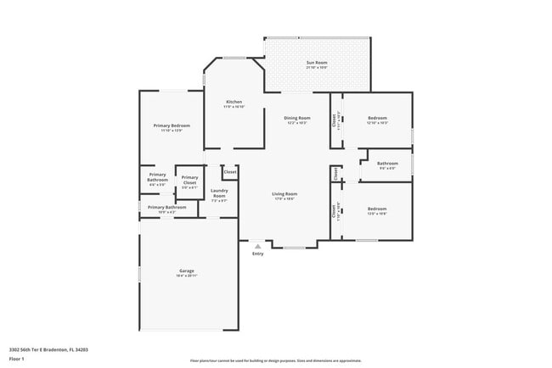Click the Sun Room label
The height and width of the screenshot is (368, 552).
coord(316,63)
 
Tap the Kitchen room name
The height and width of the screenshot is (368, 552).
coord(234,102)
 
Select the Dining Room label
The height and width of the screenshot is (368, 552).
coord(296,118)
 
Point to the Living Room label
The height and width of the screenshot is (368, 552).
coord(284,194)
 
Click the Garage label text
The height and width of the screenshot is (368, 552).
coord(186,271)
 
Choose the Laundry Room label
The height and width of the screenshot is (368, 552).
coord(219,193)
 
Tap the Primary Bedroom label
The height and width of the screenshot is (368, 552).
coord(172,125)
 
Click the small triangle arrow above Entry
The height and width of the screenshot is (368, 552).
coord(257,247)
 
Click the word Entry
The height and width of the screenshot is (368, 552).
coord(257,254)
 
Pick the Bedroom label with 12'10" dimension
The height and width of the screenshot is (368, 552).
coord(377,118)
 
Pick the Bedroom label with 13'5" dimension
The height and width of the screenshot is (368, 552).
coord(377,209)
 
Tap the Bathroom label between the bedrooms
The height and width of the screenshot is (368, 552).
coord(387,163)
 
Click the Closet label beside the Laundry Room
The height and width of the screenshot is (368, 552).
coord(229,171)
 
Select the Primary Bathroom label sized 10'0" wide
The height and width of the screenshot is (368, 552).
coord(167,207)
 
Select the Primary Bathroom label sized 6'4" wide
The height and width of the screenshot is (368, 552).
coord(157,177)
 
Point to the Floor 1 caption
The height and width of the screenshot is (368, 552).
coord(17,360)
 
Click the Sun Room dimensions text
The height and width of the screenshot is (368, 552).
coord(316,68)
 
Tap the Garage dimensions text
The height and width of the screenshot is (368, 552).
coord(186,276)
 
